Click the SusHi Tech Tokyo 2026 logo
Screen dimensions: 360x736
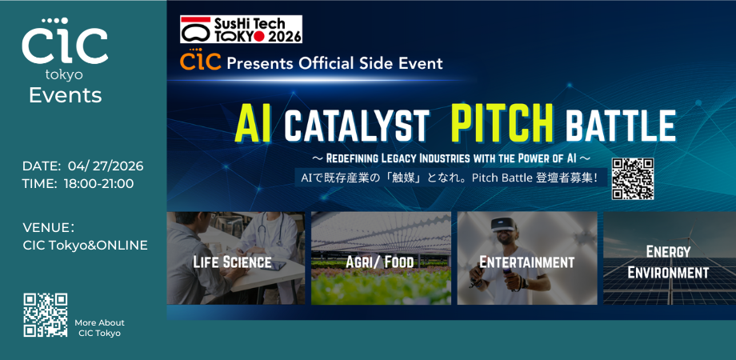241,29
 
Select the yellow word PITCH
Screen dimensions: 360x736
502,124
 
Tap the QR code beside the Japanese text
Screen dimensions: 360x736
633,178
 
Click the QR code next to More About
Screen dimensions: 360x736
45,314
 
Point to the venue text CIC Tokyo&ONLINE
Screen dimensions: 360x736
86,245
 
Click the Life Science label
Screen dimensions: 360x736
232,262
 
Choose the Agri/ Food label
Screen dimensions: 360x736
379,262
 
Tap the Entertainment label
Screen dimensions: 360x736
526,262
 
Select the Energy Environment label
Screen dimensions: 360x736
668,262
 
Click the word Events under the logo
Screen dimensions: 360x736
65,96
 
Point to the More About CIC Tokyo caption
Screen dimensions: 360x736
99,327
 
